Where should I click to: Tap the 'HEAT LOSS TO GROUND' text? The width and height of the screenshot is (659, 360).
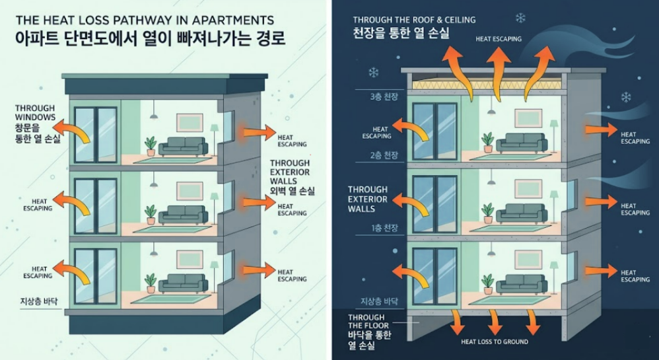click(x=495, y=342)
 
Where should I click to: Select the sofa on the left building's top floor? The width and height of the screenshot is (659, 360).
click(x=183, y=146)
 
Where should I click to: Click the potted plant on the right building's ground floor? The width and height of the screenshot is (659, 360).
click(x=487, y=284)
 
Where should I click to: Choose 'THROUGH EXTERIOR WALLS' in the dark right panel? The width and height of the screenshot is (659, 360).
click(x=368, y=199)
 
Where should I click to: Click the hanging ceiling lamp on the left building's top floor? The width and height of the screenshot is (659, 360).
click(x=154, y=112)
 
